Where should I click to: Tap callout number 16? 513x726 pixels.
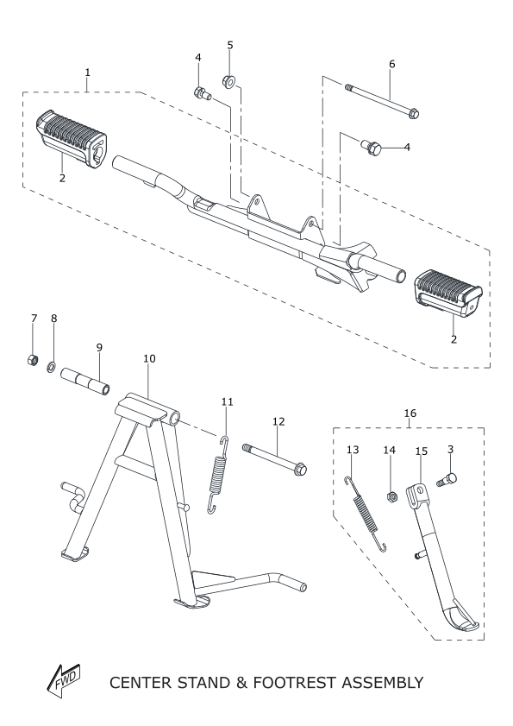click(410, 413)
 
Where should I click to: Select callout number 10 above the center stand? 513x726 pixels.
click(149, 358)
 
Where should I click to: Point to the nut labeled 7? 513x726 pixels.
click(32, 359)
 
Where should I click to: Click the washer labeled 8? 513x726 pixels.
click(52, 368)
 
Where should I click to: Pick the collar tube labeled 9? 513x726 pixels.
click(85, 381)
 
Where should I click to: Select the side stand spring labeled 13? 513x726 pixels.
click(366, 514)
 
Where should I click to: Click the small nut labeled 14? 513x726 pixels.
click(390, 498)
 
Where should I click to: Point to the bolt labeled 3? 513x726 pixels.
click(447, 479)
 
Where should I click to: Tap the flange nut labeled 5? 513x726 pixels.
click(229, 81)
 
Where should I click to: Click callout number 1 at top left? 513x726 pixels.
click(87, 73)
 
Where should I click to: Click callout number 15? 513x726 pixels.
click(422, 451)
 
